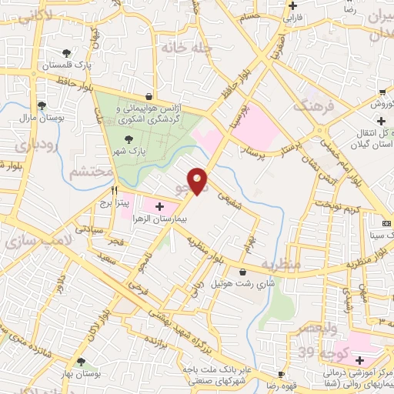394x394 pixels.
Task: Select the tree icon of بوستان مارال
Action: click(42, 105)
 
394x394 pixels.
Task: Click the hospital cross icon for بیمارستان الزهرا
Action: click(159, 207)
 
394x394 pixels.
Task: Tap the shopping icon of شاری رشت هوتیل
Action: click(243, 272)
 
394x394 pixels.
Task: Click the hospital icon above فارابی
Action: click(292, 5)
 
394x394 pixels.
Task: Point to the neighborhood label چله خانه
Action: click(184, 47)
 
